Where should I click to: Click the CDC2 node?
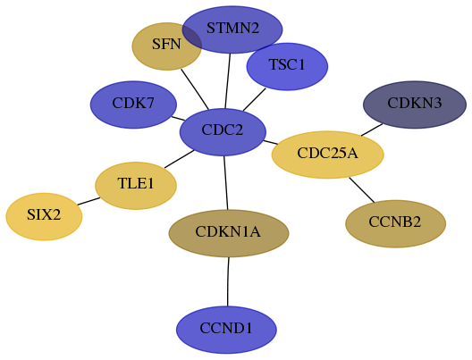click(223, 132)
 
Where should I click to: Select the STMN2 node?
click(232, 29)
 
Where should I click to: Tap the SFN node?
click(167, 46)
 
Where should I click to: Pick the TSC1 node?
click(287, 66)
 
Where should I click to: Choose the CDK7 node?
click(133, 105)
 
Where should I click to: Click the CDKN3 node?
click(415, 105)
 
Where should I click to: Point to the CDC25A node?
click(328, 155)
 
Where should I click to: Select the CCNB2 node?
click(395, 223)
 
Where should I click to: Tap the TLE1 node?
click(136, 186)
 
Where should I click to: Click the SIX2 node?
click(44, 216)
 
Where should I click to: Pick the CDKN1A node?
click(229, 233)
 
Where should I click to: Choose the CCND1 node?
click(226, 330)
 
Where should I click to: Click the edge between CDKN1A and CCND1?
click(228, 281)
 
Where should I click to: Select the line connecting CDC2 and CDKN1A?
click(226, 183)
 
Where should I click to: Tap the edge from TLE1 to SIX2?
click(88, 201)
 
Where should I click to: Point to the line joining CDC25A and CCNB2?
click(362, 190)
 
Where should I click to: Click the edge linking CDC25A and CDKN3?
click(372, 130)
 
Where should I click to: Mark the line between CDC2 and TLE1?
click(180, 159)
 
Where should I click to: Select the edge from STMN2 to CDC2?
click(228, 81)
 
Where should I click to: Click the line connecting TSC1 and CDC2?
click(255, 99)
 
